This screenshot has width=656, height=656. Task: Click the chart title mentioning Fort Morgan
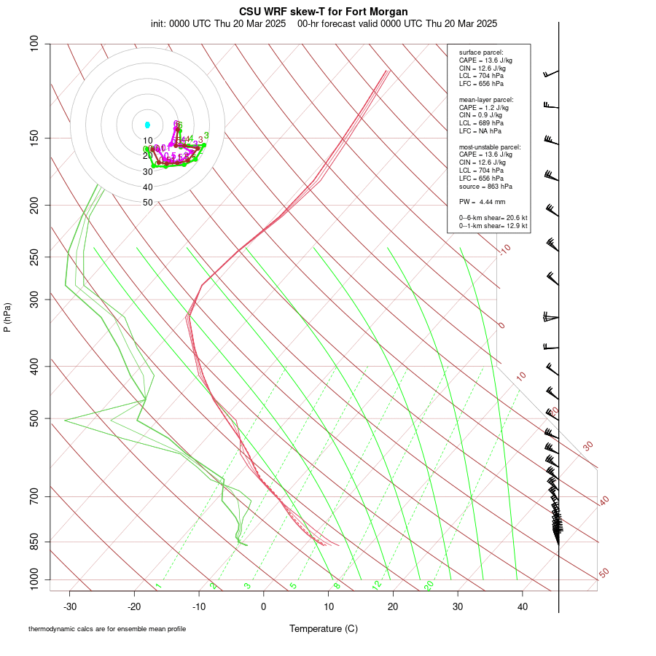[x=324, y=12]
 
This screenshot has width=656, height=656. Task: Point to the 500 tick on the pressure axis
[x=35, y=418]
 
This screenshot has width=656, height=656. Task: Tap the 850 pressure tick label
[x=35, y=542]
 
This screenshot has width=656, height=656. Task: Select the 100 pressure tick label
[x=35, y=44]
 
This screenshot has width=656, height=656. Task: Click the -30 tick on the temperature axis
[x=70, y=606]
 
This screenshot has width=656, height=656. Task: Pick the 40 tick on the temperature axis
[x=523, y=606]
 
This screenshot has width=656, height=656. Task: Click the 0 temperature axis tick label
[x=264, y=606]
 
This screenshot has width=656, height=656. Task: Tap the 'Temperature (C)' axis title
[x=324, y=628]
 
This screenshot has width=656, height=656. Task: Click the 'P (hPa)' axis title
[x=7, y=318]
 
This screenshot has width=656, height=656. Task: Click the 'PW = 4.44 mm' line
[x=482, y=202]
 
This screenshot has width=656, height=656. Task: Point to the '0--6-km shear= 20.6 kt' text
[x=493, y=218]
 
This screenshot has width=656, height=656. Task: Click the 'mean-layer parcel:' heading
[x=486, y=99]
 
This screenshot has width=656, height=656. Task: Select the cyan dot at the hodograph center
[x=147, y=125]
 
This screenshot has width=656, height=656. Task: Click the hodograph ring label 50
[x=148, y=203]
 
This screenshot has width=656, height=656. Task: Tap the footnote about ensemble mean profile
[x=112, y=628]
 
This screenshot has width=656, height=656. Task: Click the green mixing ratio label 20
[x=429, y=585]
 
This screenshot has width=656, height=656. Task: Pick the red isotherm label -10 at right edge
[x=504, y=250]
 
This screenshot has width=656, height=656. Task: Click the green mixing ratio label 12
[x=377, y=585]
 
